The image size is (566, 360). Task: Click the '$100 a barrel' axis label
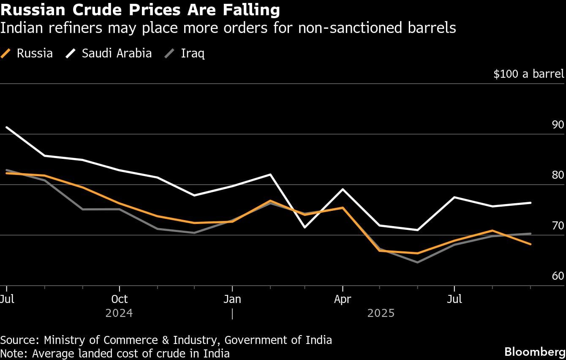pos(529,74)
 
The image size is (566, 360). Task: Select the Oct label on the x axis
pos(120,299)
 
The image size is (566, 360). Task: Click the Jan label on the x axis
pos(232,299)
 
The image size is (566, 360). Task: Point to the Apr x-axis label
pos(342,299)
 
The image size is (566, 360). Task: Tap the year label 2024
pos(119,313)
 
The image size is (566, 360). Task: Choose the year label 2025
pos(381,313)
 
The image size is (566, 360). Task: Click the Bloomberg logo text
pos(535,352)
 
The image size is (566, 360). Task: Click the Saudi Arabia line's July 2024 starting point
pos(6,127)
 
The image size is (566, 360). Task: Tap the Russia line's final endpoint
pos(531,244)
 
